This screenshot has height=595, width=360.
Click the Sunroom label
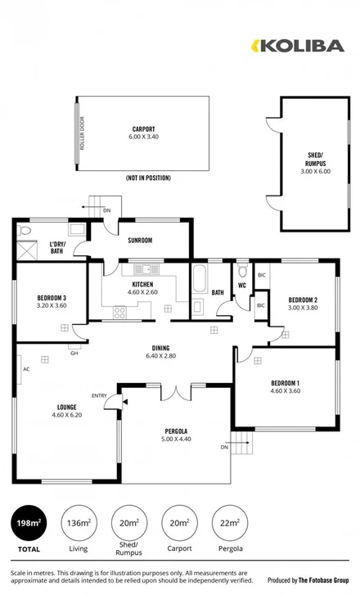(x=141, y=241)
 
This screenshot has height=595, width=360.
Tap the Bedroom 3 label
(x=52, y=297)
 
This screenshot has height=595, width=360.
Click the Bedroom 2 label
(x=302, y=300)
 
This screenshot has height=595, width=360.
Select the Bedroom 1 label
(x=286, y=383)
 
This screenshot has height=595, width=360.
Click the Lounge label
(x=66, y=406)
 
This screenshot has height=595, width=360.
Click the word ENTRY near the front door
(x=99, y=396)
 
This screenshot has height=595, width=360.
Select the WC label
(x=242, y=285)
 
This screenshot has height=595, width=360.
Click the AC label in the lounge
(x=26, y=369)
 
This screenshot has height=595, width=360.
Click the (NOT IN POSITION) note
(x=148, y=177)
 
